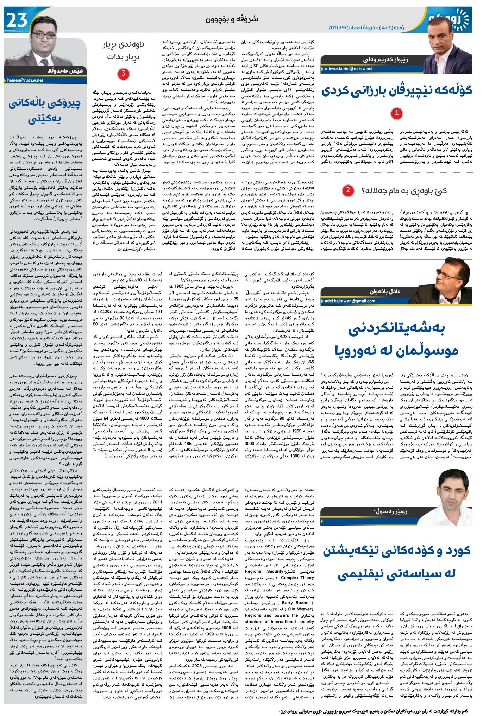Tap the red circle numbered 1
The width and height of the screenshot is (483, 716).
397,113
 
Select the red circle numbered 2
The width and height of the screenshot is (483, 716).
348,190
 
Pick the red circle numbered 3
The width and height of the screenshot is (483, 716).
123,74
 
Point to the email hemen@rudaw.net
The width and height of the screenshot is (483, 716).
25,80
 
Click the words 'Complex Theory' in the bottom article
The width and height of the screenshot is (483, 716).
297,578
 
